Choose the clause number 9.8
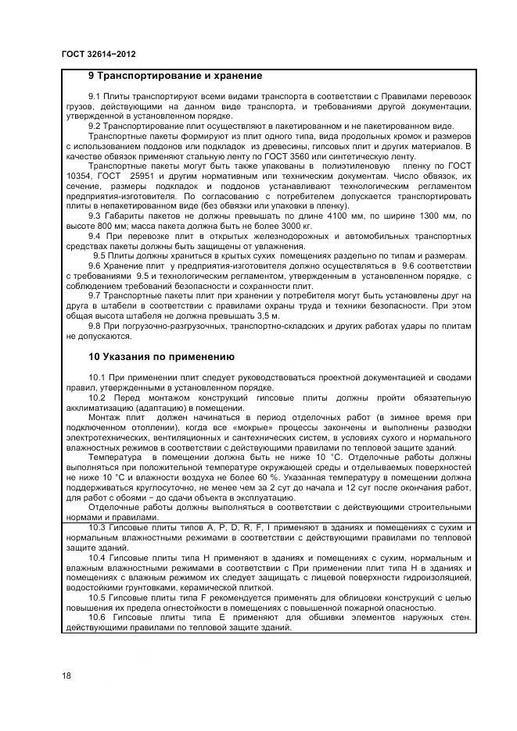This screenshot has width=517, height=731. pyautogui.click(x=95, y=327)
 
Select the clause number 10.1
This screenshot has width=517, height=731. pyautogui.click(x=98, y=377)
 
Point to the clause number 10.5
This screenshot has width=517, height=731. pyautogui.click(x=98, y=597)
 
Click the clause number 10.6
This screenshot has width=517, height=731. pyautogui.click(x=98, y=617)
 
